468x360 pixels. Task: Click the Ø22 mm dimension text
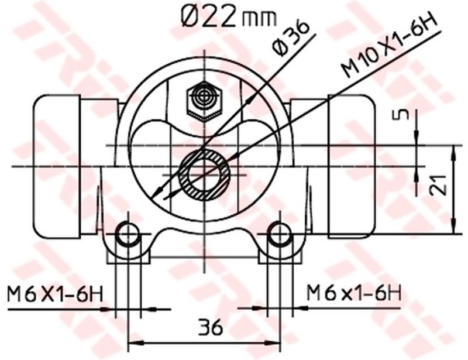click(x=228, y=18)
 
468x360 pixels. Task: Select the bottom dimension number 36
click(x=209, y=327)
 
